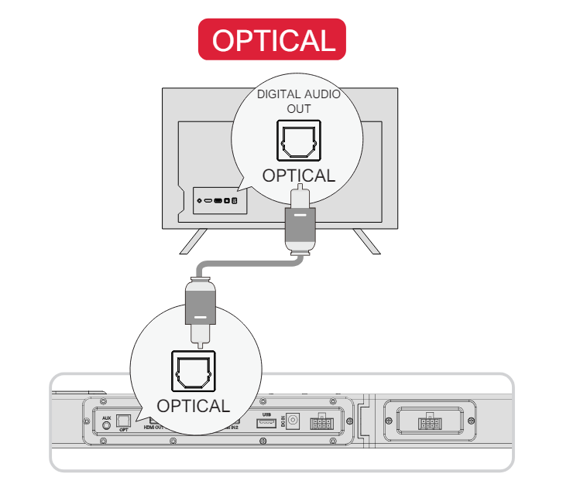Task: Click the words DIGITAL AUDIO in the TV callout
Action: click(299, 94)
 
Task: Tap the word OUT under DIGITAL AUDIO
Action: click(298, 108)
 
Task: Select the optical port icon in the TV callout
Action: click(298, 140)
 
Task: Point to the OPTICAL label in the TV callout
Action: click(298, 176)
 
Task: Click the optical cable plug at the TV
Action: click(298, 224)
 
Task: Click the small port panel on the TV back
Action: click(220, 201)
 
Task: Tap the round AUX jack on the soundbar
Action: click(107, 425)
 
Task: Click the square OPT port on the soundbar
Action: click(123, 422)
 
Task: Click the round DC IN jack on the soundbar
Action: click(294, 421)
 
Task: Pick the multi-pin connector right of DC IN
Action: click(320, 423)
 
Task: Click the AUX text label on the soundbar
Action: click(107, 418)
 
